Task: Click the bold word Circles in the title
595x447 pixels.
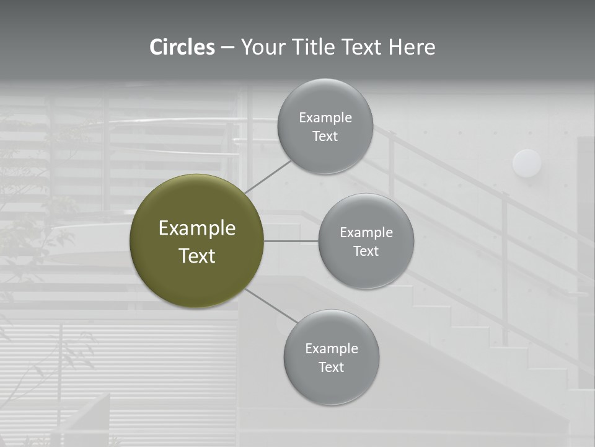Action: (182, 47)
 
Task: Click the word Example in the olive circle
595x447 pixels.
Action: (197, 228)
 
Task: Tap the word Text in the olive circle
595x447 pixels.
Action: (197, 256)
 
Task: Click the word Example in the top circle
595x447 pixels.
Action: (325, 118)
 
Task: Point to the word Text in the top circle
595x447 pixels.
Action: (325, 137)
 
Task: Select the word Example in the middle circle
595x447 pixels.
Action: (366, 233)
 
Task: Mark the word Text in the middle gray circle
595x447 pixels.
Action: (366, 251)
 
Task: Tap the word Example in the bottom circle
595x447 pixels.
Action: (332, 349)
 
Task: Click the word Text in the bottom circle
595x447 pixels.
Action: (331, 368)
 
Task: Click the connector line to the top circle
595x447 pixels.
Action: (268, 177)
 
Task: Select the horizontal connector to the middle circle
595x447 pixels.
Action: (291, 241)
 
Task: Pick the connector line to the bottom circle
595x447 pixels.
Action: (271, 305)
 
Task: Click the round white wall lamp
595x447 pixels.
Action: (527, 163)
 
